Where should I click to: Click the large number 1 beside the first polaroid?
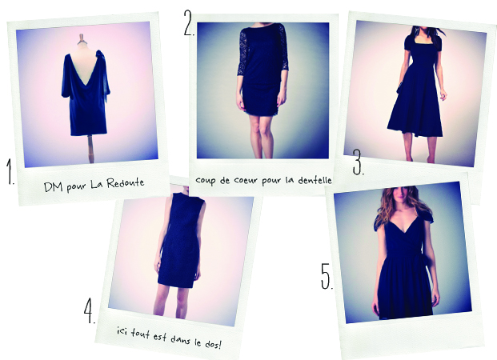10,171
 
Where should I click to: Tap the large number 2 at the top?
189,22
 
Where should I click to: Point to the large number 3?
359,162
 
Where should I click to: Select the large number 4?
90,310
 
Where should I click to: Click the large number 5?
327,276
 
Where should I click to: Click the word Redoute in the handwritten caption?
125,183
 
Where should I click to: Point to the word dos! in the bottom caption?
212,344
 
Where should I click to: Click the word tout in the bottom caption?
140,333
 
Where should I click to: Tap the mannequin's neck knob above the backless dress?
82,38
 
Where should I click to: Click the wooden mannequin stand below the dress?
90,149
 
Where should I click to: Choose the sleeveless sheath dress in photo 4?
181,240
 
